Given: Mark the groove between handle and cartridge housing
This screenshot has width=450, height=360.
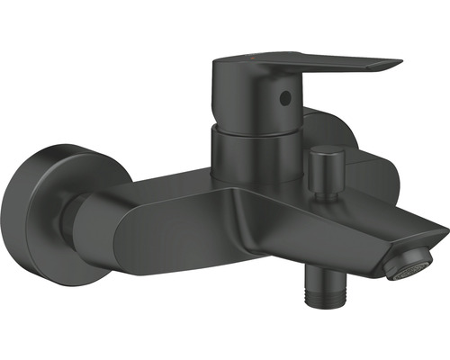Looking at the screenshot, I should click(248, 127).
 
